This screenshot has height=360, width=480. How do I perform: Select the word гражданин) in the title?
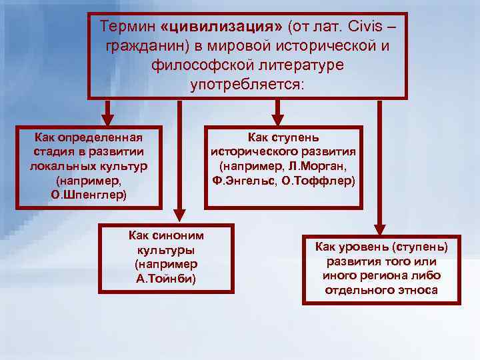click(x=139, y=47)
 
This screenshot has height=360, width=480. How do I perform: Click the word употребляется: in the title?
click(x=246, y=85)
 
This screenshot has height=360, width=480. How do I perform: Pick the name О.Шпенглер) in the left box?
click(x=89, y=195)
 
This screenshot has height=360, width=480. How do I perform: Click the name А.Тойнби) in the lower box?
click(x=166, y=278)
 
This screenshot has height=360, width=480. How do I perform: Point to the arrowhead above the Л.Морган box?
click(x=276, y=115)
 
